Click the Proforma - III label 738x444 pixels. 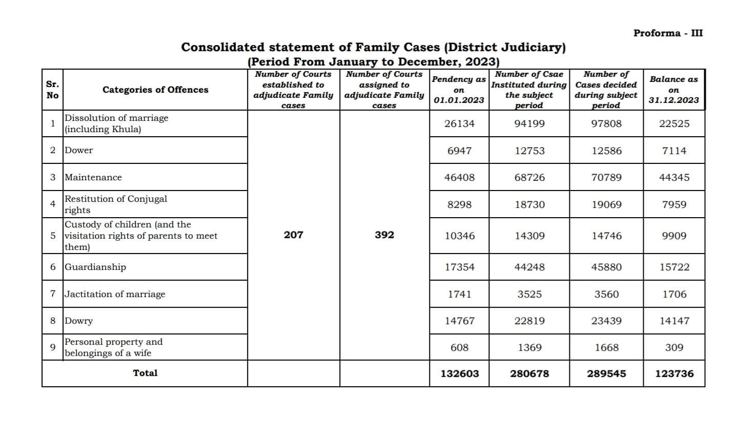[x=668, y=33]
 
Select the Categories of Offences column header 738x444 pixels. [x=155, y=90]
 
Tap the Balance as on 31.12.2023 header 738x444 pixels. [x=673, y=90]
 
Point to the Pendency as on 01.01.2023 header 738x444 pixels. [x=459, y=90]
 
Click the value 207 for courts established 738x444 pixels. [x=293, y=235]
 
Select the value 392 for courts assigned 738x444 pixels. [x=384, y=235]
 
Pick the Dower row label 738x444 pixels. [x=79, y=151]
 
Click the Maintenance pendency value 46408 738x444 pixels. [x=459, y=178]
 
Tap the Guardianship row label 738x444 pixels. [x=95, y=267]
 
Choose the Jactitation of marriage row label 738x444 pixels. [x=115, y=294]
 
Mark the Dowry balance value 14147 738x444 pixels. [x=674, y=321]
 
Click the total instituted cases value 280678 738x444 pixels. [x=529, y=374]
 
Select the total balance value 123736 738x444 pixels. [x=674, y=374]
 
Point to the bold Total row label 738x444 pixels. [x=145, y=373]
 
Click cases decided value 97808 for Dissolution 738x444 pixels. [x=606, y=124]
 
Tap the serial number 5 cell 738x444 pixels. [x=53, y=236]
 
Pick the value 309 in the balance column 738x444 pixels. [x=674, y=348]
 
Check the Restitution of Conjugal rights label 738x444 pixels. [x=116, y=204]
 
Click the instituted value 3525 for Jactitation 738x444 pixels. [x=529, y=294]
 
